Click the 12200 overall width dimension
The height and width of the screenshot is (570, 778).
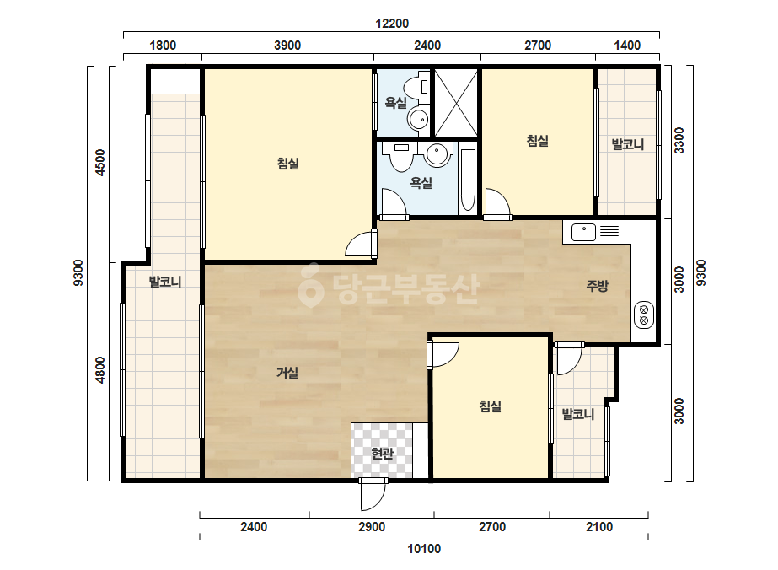point(391,24)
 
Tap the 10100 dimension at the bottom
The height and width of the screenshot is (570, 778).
point(424,549)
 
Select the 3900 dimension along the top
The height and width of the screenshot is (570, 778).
point(287,46)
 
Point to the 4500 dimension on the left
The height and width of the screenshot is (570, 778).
point(100,163)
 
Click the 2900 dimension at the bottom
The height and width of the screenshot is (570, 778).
point(372,527)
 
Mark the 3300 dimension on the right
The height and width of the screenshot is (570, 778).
point(679,140)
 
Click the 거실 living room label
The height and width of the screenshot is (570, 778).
point(287,373)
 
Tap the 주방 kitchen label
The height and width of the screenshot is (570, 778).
point(597,286)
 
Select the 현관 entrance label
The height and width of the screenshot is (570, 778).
point(382,453)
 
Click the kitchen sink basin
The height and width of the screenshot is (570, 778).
point(583,232)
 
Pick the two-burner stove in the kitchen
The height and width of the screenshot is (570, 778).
point(644,315)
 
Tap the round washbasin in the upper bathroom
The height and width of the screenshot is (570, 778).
point(418,119)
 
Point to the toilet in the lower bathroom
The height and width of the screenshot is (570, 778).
point(400,156)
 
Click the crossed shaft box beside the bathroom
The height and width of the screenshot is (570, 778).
point(456,103)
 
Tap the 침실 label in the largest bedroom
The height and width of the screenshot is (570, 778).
point(287,164)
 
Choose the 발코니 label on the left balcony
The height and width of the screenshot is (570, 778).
point(165,282)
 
